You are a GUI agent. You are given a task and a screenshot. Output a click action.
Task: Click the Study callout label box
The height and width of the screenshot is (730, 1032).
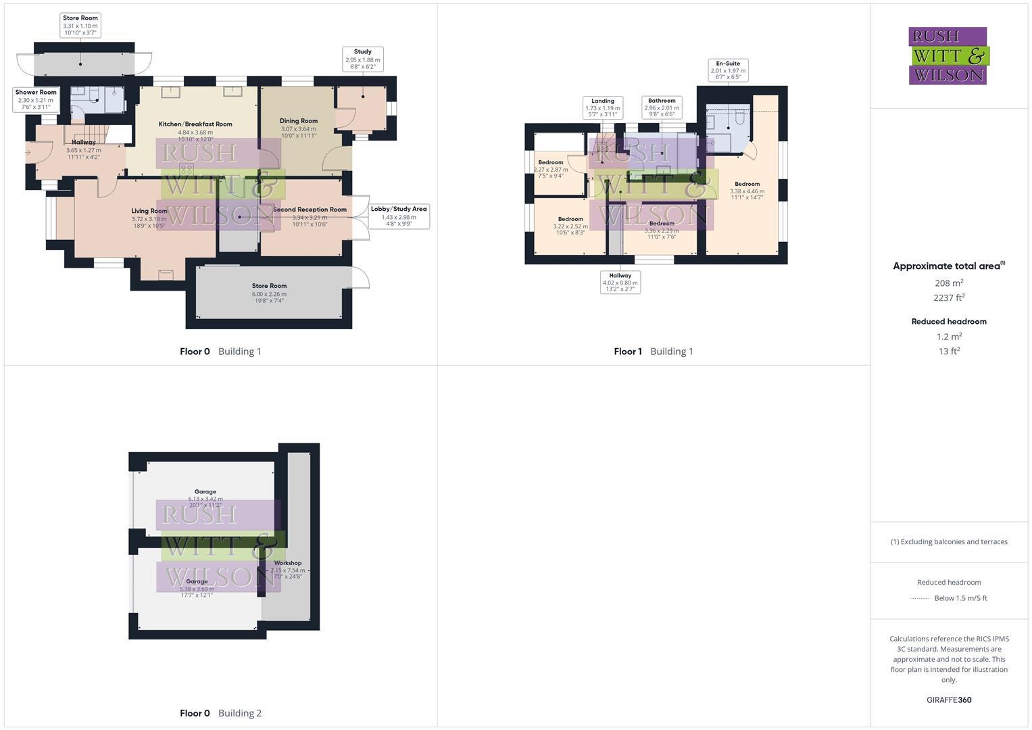tap(363, 59)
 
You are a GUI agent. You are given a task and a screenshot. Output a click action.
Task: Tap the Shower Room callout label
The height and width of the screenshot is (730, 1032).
tap(36, 99)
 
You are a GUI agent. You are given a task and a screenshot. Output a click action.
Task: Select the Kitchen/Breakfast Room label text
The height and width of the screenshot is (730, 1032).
tap(195, 124)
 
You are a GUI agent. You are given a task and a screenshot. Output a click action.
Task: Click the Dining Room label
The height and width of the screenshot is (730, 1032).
tap(299, 121)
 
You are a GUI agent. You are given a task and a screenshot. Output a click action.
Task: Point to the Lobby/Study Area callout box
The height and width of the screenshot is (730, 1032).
tap(399, 216)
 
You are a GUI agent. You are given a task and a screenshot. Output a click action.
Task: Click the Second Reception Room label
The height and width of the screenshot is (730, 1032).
tap(310, 210)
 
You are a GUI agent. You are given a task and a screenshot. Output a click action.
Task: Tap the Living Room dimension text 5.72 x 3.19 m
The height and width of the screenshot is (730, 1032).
tap(149, 219)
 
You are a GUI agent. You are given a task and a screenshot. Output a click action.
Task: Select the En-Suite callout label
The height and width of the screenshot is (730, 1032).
tap(728, 70)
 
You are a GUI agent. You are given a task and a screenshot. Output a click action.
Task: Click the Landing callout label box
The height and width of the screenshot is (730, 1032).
tap(603, 107)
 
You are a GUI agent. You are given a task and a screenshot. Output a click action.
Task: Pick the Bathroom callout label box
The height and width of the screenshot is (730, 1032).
tap(662, 107)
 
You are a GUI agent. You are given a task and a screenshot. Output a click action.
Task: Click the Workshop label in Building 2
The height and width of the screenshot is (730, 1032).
tap(288, 563)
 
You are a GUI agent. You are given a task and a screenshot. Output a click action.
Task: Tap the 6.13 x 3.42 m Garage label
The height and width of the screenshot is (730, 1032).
tap(205, 495)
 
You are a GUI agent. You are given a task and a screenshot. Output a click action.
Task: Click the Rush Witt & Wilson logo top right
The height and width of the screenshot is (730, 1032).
tap(948, 56)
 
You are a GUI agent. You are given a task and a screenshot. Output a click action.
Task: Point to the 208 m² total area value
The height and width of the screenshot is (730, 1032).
tap(949, 283)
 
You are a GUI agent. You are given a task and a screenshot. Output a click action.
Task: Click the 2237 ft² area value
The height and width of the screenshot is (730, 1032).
tap(949, 298)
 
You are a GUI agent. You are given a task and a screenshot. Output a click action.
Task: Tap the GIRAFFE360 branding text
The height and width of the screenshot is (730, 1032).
tap(949, 700)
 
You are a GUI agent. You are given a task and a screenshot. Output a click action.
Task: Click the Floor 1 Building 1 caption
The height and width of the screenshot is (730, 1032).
tap(653, 351)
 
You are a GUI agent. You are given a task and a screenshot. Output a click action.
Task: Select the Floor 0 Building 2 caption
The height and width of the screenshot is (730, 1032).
tap(220, 713)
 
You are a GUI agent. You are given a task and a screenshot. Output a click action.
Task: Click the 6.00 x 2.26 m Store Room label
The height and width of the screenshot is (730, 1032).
tap(269, 293)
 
